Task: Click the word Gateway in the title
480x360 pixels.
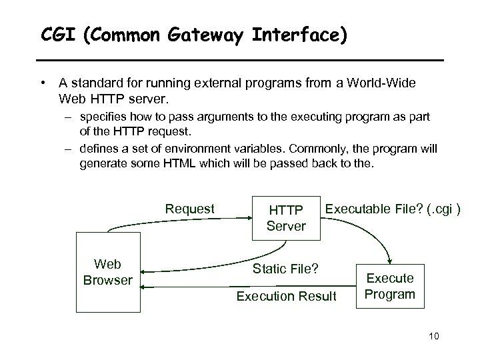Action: (x=214, y=35)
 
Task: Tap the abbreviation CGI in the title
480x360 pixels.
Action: (x=57, y=35)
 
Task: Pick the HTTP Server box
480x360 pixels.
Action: (x=286, y=219)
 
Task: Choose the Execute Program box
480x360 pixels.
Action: (x=391, y=285)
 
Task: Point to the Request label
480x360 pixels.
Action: (x=190, y=209)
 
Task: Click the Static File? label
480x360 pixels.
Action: (x=286, y=269)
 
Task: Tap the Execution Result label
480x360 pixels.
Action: (x=287, y=296)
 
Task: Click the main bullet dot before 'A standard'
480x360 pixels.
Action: (x=42, y=84)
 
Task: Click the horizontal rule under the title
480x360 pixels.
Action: (x=240, y=60)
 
